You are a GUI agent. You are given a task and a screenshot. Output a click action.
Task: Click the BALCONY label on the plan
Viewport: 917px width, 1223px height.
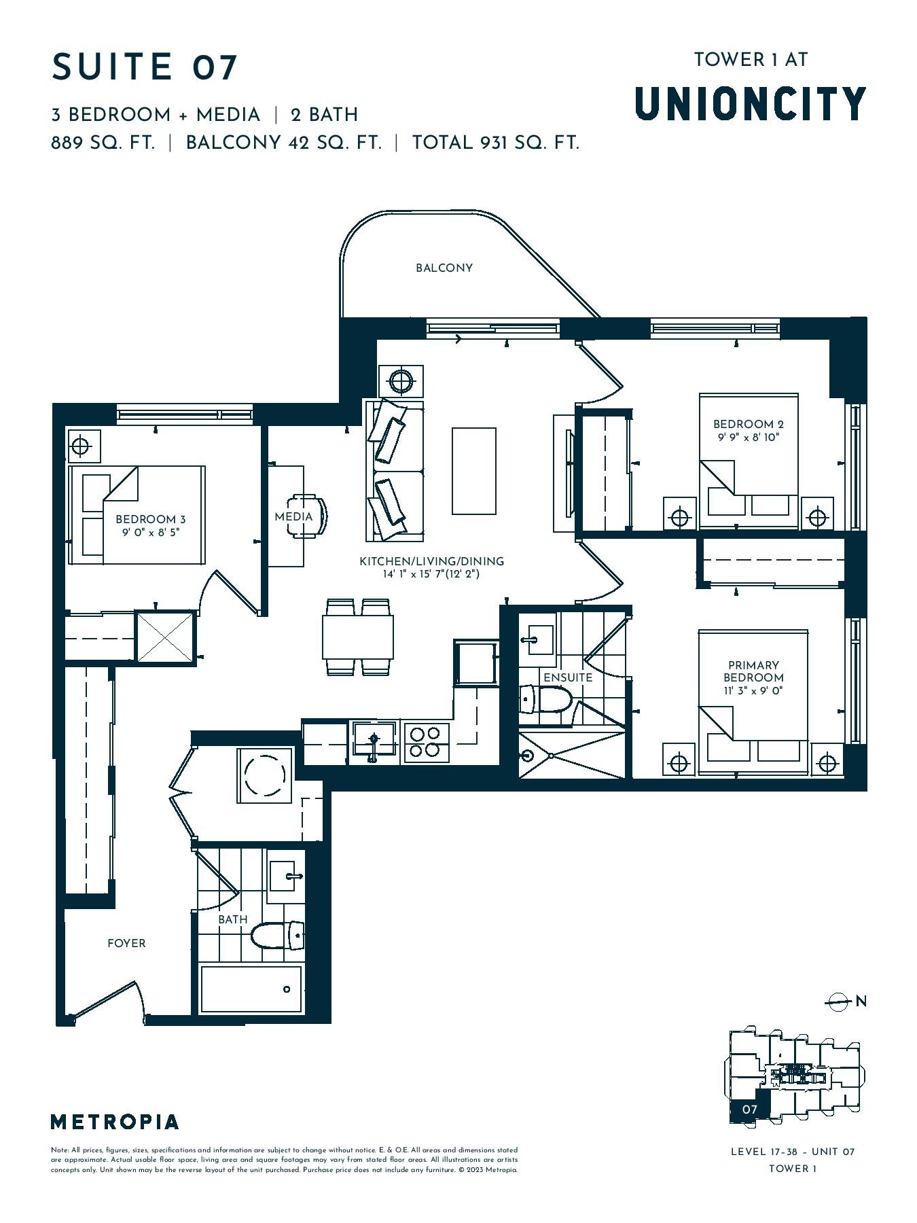pyautogui.click(x=444, y=268)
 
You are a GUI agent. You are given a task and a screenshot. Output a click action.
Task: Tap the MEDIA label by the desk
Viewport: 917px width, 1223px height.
pyautogui.click(x=293, y=516)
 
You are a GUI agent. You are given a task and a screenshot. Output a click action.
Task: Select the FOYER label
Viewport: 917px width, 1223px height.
pyautogui.click(x=126, y=943)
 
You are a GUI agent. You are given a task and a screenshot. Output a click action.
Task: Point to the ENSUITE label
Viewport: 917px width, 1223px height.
pyautogui.click(x=568, y=677)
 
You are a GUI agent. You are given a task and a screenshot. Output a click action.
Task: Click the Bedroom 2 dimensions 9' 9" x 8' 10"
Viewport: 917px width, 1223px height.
pyautogui.click(x=748, y=438)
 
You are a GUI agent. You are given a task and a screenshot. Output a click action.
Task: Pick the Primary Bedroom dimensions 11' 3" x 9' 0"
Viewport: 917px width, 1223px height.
pyautogui.click(x=753, y=691)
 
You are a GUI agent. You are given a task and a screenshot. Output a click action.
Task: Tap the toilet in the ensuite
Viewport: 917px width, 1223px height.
pyautogui.click(x=547, y=698)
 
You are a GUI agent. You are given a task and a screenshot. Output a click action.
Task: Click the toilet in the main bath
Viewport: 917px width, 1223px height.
pyautogui.click(x=278, y=935)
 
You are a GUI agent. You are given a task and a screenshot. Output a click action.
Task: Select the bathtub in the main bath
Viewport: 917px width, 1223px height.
pyautogui.click(x=251, y=989)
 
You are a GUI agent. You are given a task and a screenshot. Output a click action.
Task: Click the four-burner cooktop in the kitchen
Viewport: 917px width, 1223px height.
pyautogui.click(x=427, y=742)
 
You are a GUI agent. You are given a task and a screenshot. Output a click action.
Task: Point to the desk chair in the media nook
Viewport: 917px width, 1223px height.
pyautogui.click(x=309, y=516)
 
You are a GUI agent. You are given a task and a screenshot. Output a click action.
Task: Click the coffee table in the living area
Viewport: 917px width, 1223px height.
pyautogui.click(x=474, y=471)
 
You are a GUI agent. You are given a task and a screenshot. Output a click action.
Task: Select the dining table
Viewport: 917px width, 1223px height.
pyautogui.click(x=358, y=637)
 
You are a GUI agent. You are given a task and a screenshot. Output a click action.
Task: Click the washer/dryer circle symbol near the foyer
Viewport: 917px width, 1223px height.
pyautogui.click(x=264, y=775)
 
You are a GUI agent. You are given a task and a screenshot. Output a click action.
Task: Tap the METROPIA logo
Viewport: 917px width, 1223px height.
pyautogui.click(x=115, y=1122)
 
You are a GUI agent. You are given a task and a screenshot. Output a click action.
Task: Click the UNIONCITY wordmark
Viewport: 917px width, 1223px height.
pyautogui.click(x=751, y=103)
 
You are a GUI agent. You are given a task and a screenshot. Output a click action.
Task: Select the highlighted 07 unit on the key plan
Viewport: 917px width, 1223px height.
pyautogui.click(x=749, y=1109)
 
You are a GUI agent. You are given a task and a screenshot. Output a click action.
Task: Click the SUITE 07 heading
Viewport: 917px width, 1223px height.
pyautogui.click(x=145, y=67)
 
